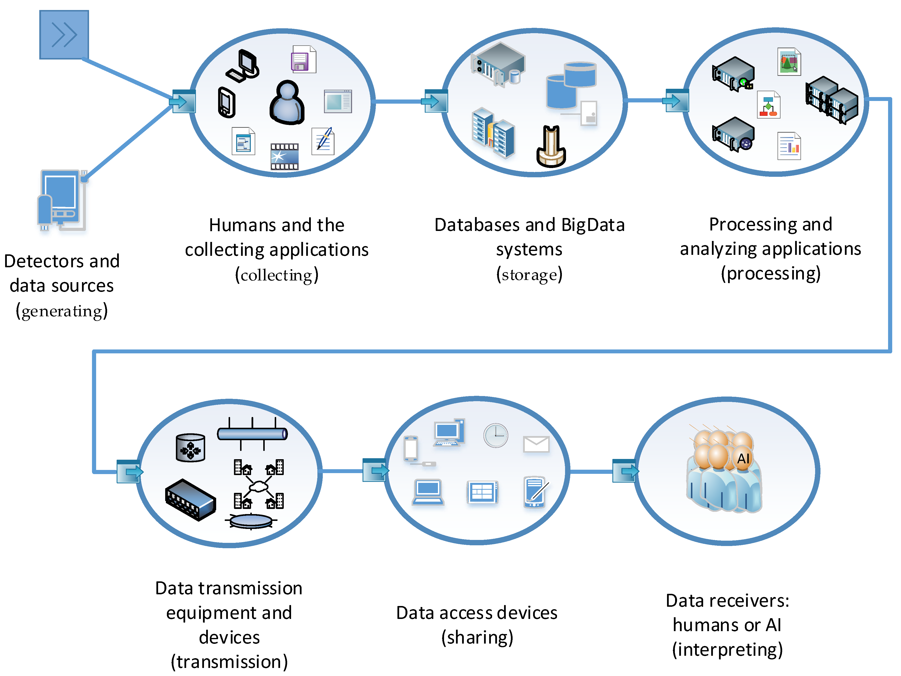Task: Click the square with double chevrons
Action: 64,35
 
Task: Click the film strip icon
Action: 284,156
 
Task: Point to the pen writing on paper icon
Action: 323,141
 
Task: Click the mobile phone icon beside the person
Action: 226,102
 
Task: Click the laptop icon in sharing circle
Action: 428,492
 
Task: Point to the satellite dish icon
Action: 251,520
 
